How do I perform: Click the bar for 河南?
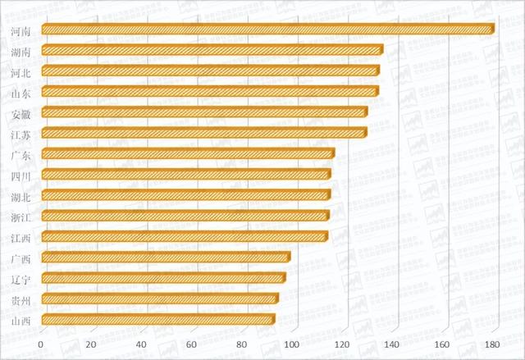coord(267,30)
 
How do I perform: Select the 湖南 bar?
coord(211,51)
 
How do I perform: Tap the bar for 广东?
coord(187,154)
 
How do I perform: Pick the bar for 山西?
coord(157,320)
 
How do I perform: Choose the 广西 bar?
coord(164,257)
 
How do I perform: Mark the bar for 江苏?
coord(203,133)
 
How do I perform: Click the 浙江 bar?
coord(185,216)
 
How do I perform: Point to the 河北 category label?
coord(22,72)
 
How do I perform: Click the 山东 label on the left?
coord(22,93)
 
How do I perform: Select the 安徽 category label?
coord(22,113)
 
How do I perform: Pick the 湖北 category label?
coord(22,196)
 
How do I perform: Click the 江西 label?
coord(22,238)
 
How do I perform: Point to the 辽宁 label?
coord(22,279)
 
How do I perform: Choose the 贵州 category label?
coord(22,299)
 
